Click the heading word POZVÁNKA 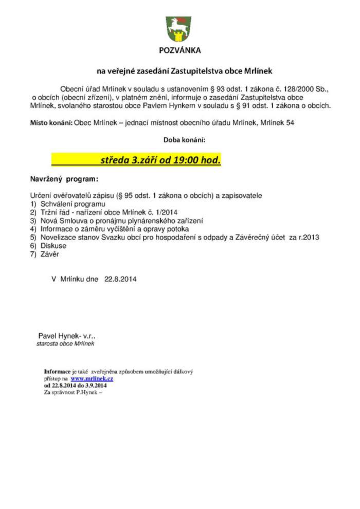pyautogui.click(x=179, y=50)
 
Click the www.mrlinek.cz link pyautogui.click(x=92, y=378)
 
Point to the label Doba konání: pyautogui.click(x=185, y=139)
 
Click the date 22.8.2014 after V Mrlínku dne pyautogui.click(x=120, y=279)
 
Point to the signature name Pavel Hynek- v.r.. pyautogui.click(x=67, y=335)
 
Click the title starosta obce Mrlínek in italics pyautogui.click(x=65, y=343)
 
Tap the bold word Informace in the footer pyautogui.click(x=58, y=371)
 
